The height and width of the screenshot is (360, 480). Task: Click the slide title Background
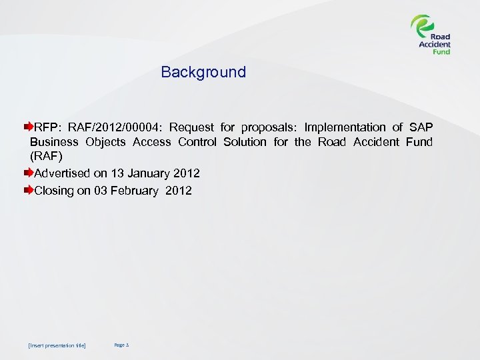point(203,72)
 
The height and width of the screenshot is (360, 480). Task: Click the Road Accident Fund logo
point(431,35)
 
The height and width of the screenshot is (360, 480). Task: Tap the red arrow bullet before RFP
point(29,126)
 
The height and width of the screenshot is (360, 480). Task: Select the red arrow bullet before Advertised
point(29,173)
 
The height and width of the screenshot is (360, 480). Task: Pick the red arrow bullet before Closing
point(29,190)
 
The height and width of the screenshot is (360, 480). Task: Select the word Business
point(54,142)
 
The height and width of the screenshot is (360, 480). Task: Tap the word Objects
point(105,142)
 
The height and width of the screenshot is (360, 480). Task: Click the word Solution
point(245,142)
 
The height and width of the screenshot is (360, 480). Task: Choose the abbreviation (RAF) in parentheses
point(45,157)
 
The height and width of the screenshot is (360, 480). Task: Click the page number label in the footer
point(121,345)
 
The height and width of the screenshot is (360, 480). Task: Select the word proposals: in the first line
point(269,127)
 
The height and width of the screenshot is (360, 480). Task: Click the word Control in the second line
point(197,142)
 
